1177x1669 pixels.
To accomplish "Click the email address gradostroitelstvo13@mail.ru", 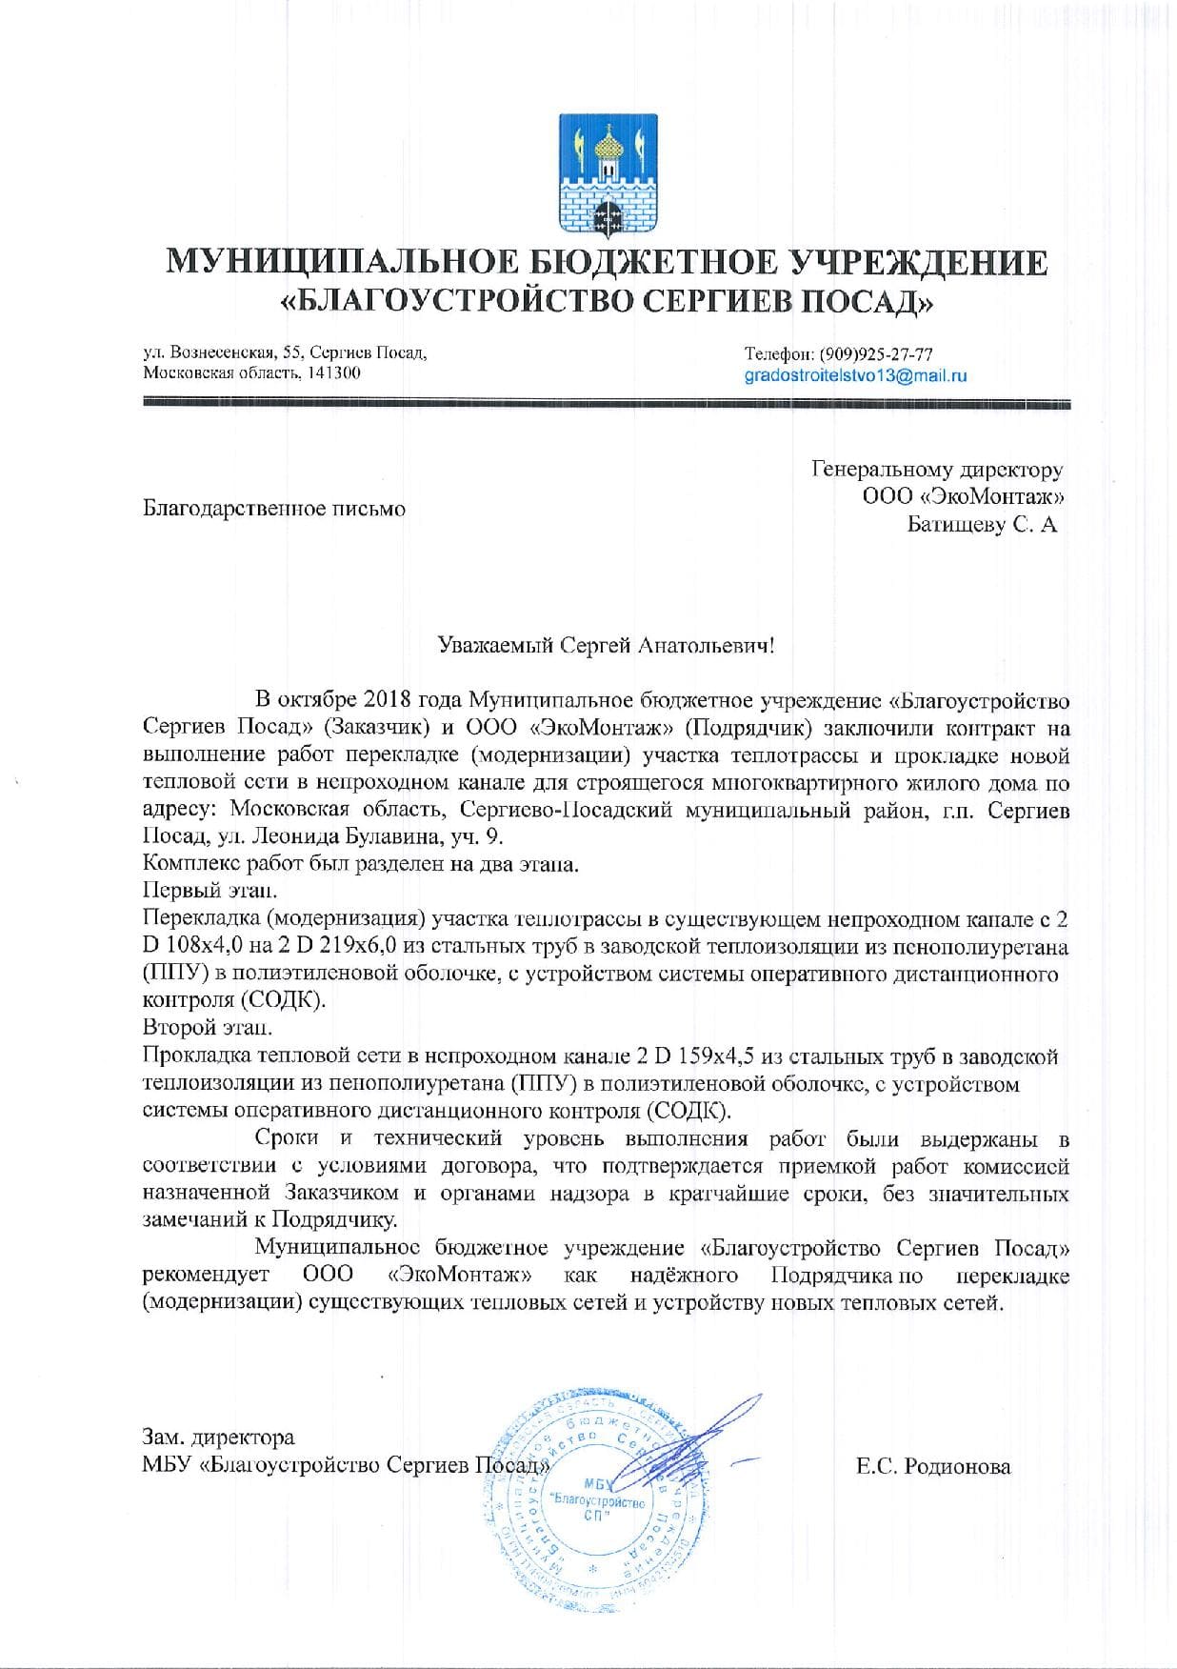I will (x=855, y=375).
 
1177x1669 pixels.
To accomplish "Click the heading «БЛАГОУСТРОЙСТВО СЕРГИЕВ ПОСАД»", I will (x=607, y=302).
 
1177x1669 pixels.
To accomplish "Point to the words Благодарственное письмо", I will (x=274, y=509).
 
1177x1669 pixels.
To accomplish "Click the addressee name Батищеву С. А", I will (x=982, y=524).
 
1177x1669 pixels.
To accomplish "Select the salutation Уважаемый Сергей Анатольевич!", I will (x=606, y=646).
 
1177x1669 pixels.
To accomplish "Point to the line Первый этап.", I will (x=211, y=892).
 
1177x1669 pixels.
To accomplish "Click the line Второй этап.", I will (x=208, y=1029).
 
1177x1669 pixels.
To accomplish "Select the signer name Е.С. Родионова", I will (x=932, y=1467).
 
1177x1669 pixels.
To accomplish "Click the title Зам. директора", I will (x=218, y=1437).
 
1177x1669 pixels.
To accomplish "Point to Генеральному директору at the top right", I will (x=937, y=469).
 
